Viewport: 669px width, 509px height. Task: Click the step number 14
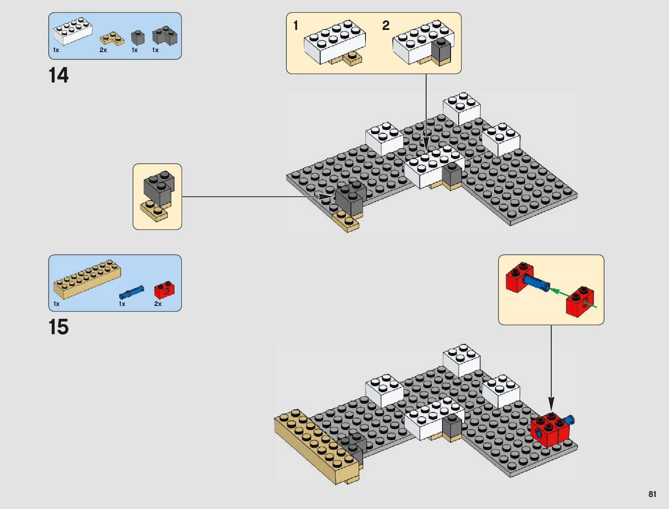59,75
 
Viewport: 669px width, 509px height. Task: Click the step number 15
59,327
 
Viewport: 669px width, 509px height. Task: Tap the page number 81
652,494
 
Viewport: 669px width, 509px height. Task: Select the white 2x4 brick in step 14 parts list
73,31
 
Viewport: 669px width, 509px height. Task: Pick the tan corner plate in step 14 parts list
112,39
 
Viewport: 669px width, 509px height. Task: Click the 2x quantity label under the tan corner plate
103,50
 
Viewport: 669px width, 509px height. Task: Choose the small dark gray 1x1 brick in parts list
138,38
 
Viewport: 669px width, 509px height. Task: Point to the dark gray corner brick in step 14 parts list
165,35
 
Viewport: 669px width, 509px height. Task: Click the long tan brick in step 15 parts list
87,279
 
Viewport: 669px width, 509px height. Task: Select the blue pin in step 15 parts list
131,292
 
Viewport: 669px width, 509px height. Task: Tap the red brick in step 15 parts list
164,290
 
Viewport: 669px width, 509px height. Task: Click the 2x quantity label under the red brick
158,304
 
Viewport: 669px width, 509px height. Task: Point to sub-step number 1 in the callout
295,26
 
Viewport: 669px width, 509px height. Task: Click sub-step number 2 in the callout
386,26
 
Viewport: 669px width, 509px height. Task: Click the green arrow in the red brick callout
572,297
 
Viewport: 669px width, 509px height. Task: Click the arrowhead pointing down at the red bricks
551,404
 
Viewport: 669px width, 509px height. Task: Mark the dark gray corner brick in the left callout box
159,188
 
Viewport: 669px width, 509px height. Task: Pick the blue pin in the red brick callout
536,282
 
